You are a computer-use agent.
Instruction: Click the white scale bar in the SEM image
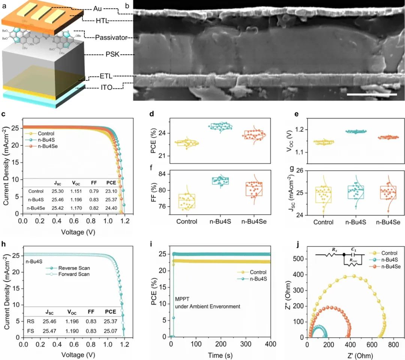(x=372, y=94)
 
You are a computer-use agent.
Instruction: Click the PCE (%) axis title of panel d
(x=154, y=140)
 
